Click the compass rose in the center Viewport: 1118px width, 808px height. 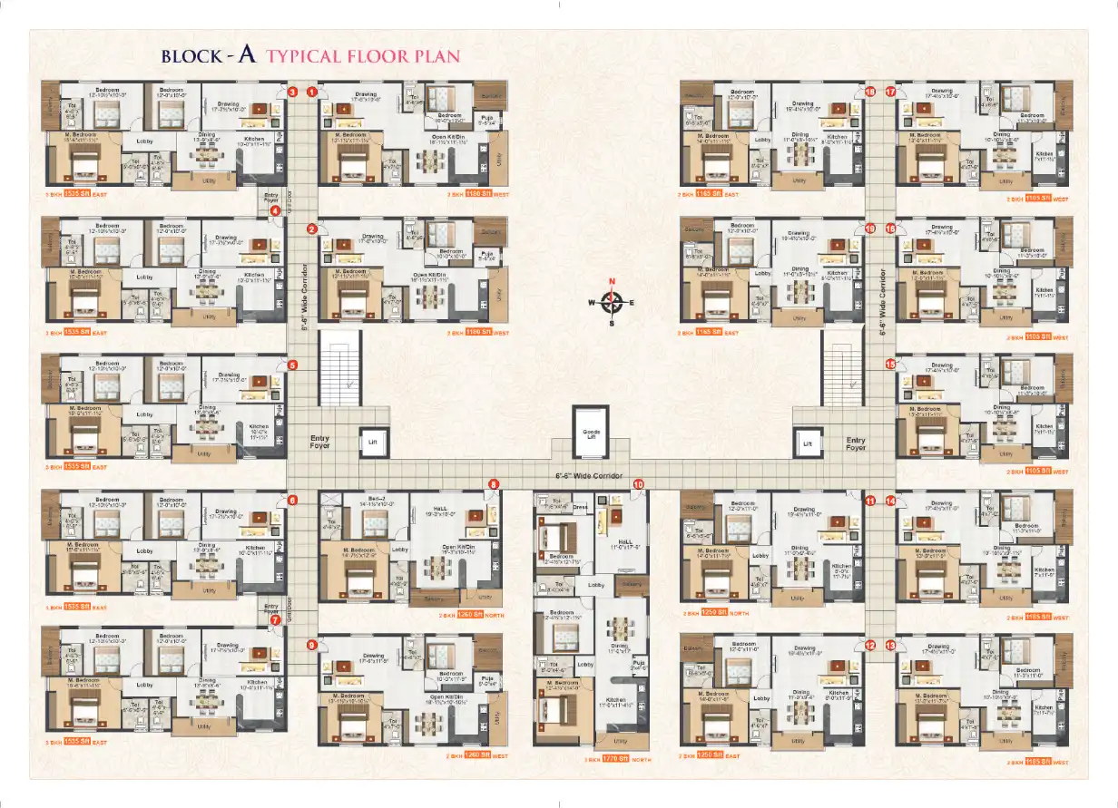(612, 302)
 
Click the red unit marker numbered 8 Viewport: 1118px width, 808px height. (494, 485)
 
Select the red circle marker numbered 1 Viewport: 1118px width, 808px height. (311, 92)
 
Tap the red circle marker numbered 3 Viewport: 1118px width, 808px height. (292, 92)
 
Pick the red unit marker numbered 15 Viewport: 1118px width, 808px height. (890, 364)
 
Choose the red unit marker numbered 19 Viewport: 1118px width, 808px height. (869, 229)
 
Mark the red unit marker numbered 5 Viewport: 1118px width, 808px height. (292, 365)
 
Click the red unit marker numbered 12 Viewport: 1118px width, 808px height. (869, 646)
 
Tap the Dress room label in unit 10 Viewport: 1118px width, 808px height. (582, 508)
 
